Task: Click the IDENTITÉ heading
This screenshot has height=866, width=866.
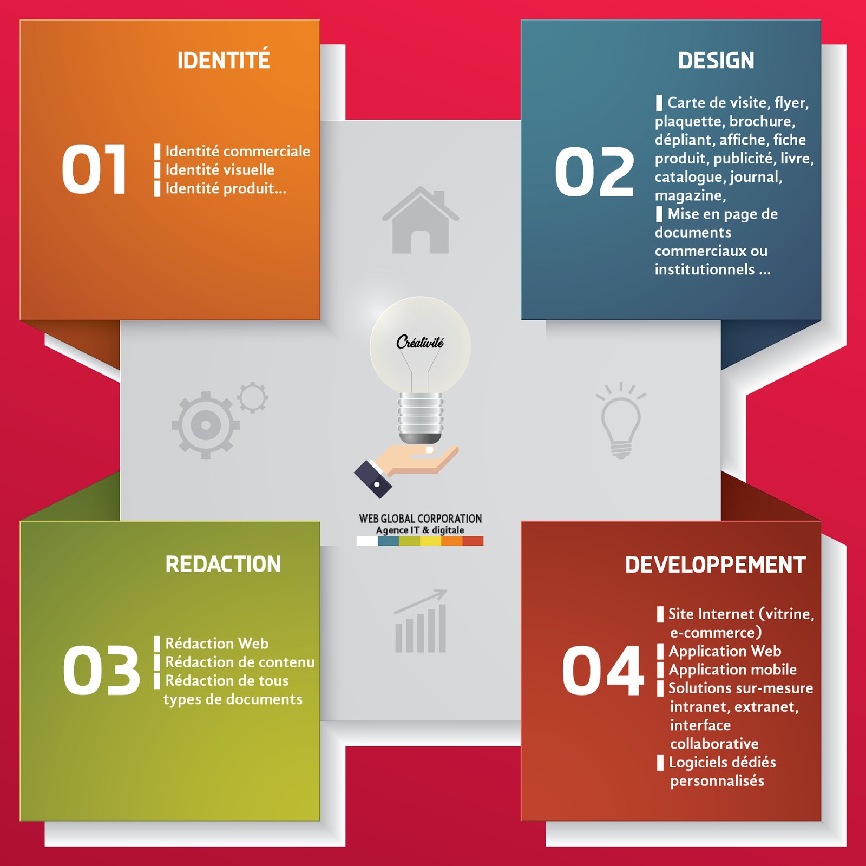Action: pos(224,60)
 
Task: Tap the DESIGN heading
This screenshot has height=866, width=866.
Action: pos(716,61)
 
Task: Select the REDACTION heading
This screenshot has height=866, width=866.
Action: pos(223,565)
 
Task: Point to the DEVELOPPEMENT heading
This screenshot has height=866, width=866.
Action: pos(715,565)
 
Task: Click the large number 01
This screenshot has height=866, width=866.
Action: pos(94,169)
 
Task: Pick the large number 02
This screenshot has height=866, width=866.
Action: pos(594,172)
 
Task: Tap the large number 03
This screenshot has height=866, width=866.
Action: pos(101,671)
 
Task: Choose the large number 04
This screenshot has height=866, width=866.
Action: pos(602,671)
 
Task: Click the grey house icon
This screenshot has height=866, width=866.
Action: pos(421,221)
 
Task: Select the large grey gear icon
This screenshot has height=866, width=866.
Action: pos(205,425)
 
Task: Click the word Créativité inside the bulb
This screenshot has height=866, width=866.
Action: pos(420,342)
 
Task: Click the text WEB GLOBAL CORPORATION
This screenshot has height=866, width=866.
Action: pos(420,518)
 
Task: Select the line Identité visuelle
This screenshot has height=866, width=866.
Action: pos(220,170)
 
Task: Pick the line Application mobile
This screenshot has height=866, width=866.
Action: pos(732,670)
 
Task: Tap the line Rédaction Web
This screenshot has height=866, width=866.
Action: pos(216,644)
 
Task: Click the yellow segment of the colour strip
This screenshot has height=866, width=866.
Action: pos(430,541)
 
